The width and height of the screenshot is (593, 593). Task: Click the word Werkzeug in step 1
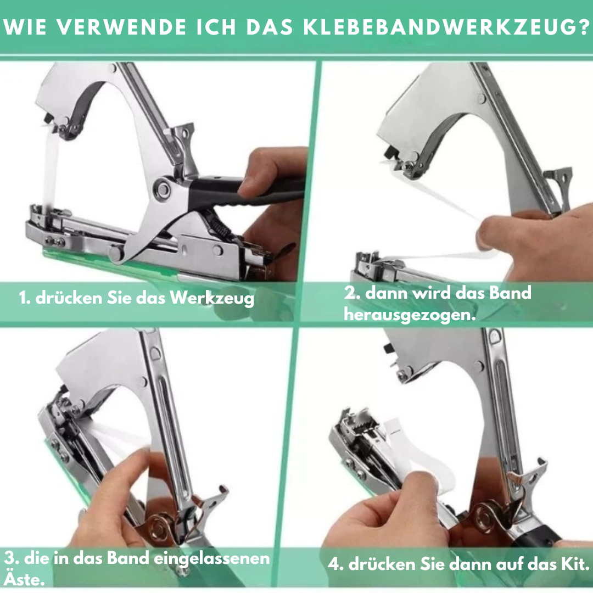(212, 298)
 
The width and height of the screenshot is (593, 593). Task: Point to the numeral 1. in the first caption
(24, 298)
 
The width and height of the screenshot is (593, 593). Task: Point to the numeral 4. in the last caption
(336, 564)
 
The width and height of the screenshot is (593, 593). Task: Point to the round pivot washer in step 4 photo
(485, 517)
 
